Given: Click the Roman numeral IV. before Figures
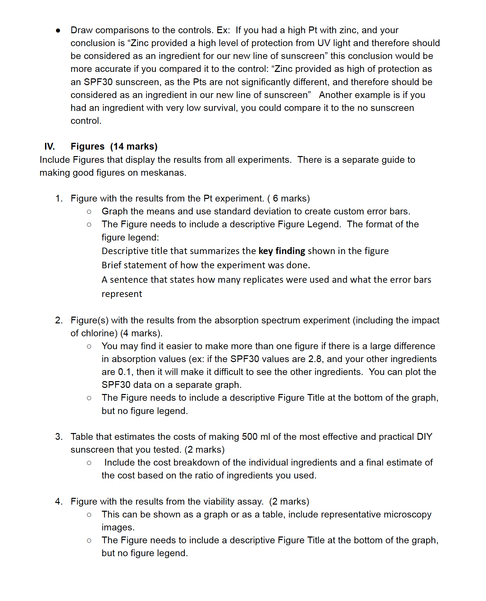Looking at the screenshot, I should (x=49, y=146).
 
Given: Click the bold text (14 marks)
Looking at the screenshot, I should (x=134, y=146).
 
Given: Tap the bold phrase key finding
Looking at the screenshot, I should (x=282, y=251).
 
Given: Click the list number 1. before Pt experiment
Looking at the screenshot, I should (x=59, y=198).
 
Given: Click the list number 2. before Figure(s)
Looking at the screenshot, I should (x=59, y=320).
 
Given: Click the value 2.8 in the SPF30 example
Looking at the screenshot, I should (x=316, y=359).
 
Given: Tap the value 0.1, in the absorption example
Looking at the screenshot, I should (x=126, y=372).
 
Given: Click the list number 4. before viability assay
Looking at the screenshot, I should (x=59, y=501).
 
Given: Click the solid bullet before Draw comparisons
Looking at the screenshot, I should (x=58, y=30).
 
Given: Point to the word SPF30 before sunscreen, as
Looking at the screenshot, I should (x=98, y=82).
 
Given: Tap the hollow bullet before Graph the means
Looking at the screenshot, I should (x=89, y=212).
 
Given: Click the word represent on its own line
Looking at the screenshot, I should (x=122, y=294).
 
